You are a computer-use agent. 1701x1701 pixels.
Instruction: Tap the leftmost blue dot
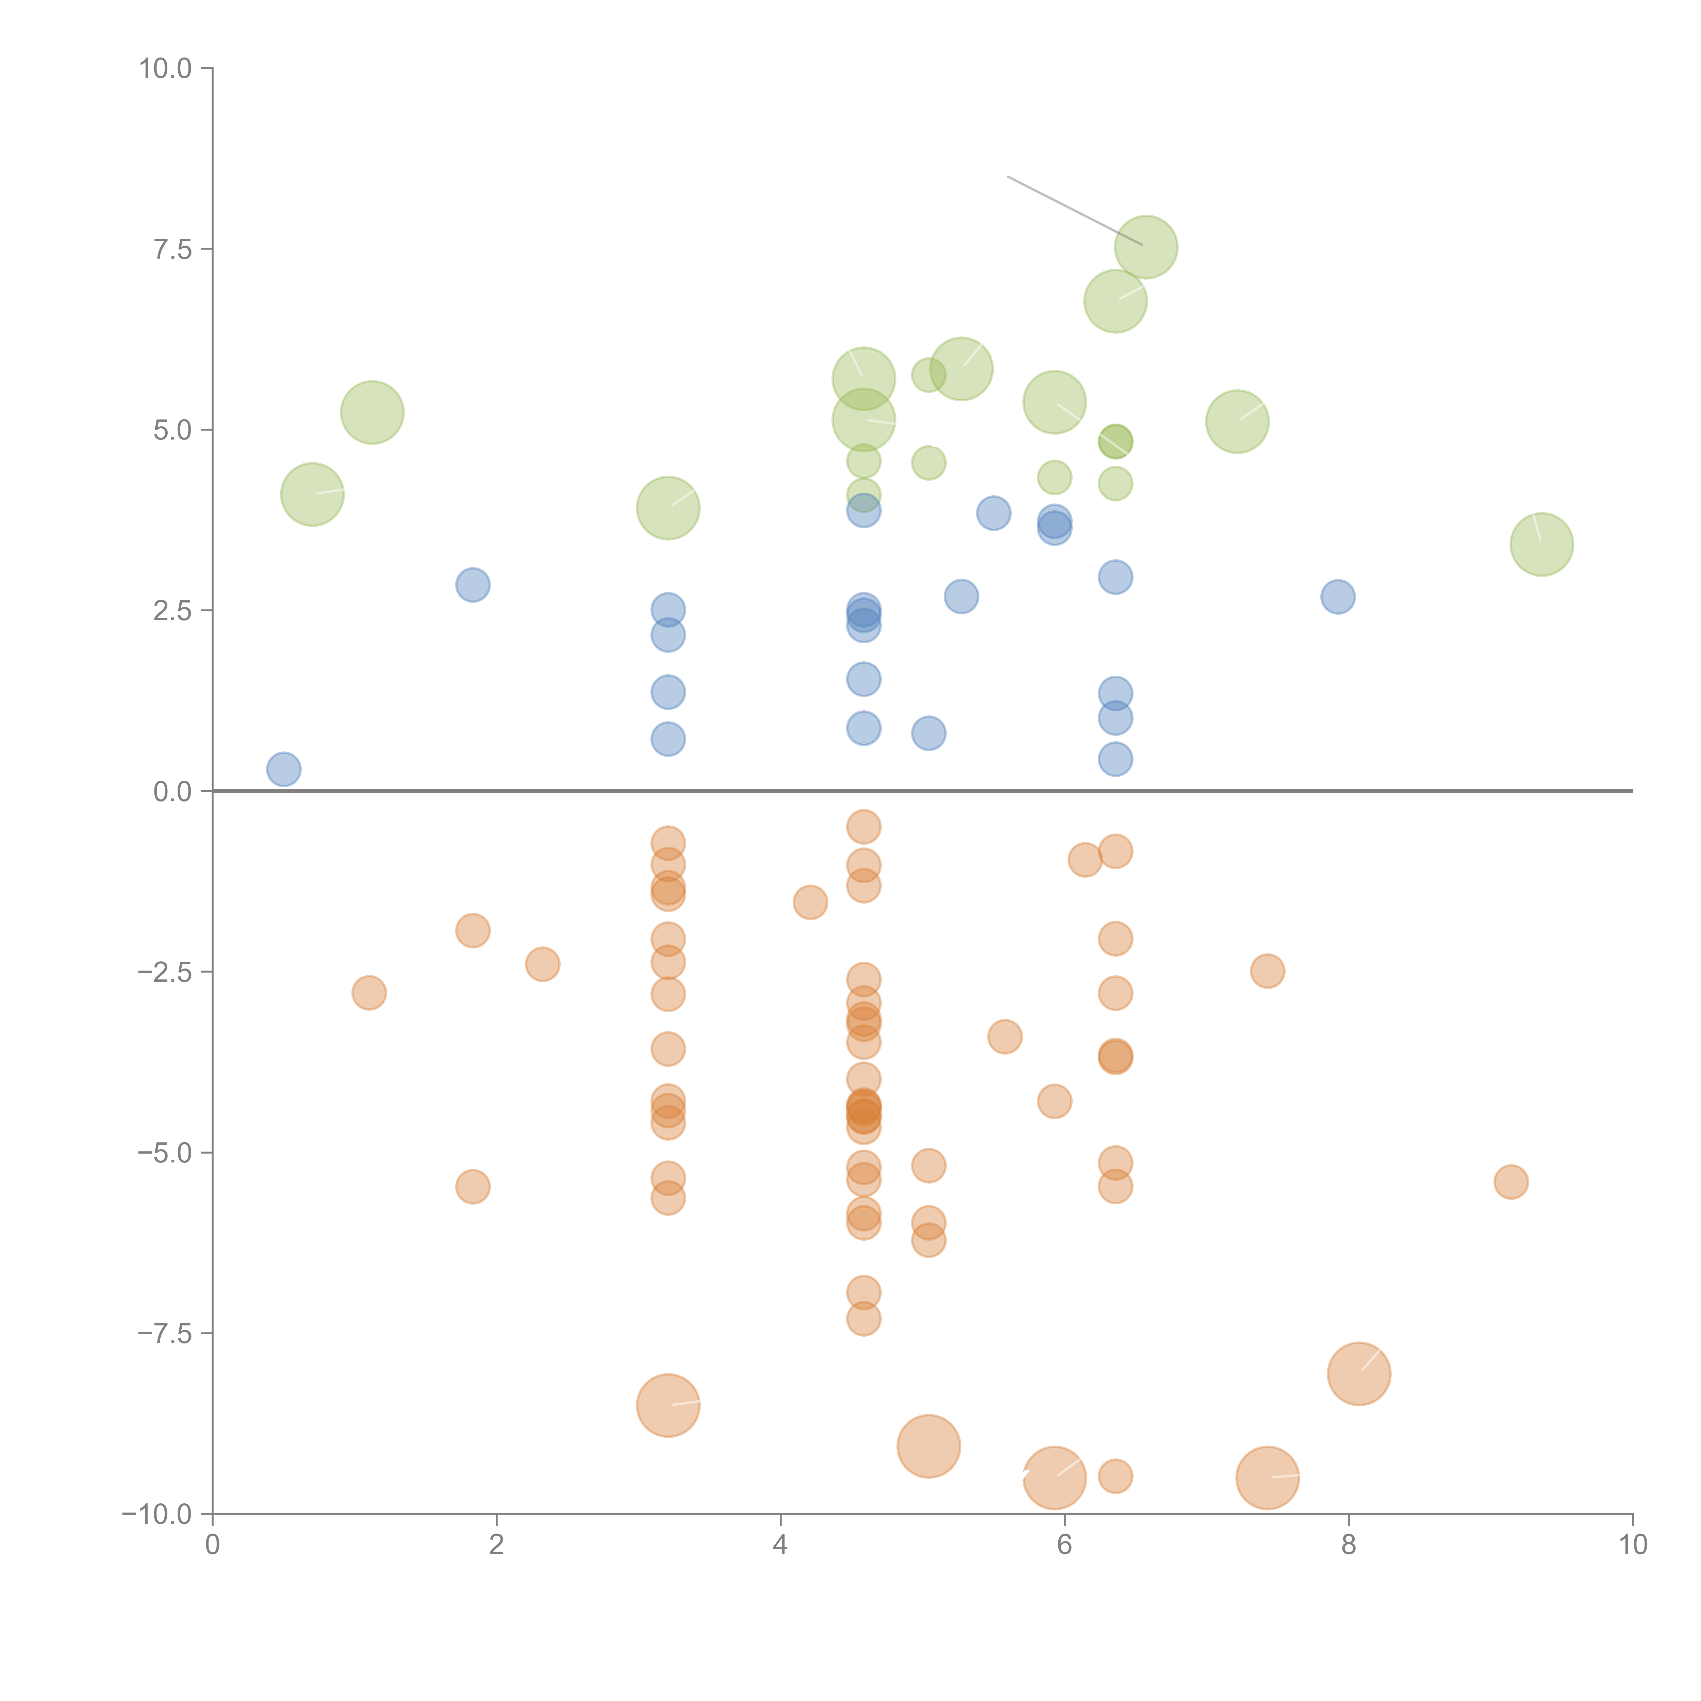(x=283, y=770)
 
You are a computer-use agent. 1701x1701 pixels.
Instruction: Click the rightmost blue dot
(x=1337, y=597)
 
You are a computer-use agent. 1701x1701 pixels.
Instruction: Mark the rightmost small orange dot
(x=1511, y=1182)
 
